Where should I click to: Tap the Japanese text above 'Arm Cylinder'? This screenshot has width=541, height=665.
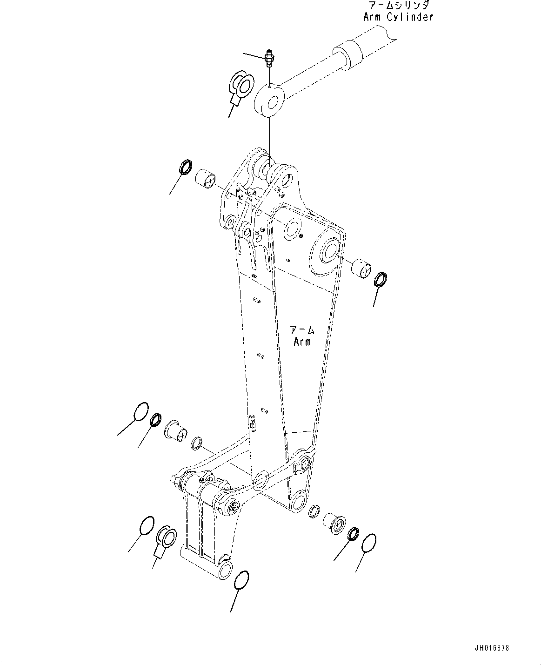pos(399,6)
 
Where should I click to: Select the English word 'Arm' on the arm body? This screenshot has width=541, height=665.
pos(302,342)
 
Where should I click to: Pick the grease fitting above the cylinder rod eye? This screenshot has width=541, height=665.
pos(269,58)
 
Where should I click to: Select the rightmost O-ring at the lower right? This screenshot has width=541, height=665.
pos(368,544)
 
